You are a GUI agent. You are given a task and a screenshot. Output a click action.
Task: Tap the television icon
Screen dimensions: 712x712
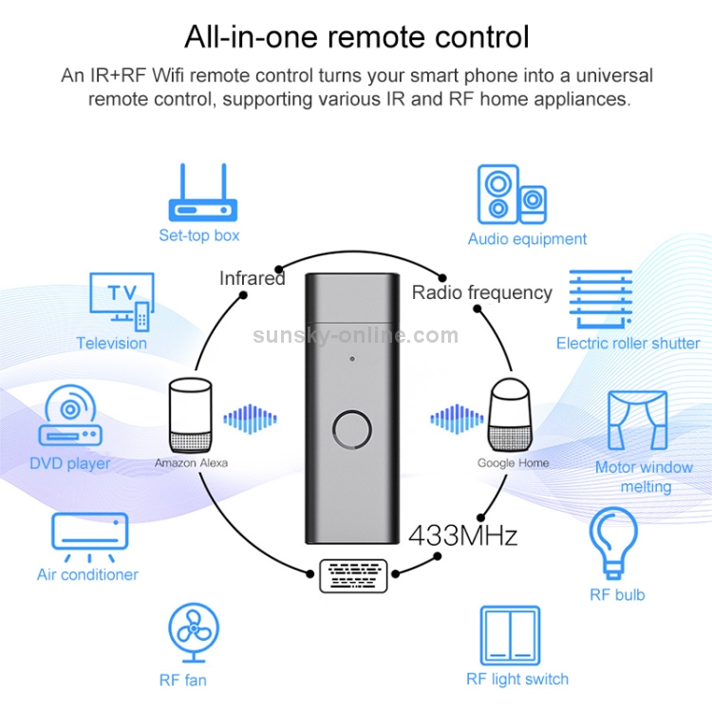(121, 298)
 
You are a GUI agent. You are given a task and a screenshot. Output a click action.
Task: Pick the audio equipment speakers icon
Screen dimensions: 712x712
(511, 193)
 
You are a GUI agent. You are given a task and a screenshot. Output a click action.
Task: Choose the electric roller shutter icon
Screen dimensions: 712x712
(600, 298)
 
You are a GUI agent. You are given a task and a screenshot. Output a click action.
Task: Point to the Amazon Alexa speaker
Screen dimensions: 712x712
(191, 415)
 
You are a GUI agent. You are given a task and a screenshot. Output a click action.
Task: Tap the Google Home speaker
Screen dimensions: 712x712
(512, 415)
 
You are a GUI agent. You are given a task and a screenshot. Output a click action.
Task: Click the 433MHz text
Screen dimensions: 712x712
(462, 535)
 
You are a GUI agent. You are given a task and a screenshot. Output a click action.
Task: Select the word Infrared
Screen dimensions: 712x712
(252, 278)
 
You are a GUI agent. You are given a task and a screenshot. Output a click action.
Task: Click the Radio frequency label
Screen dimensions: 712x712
(481, 292)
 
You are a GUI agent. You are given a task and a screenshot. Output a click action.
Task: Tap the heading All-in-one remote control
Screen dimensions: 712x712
(357, 37)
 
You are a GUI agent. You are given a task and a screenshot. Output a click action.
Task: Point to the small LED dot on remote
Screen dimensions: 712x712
(352, 359)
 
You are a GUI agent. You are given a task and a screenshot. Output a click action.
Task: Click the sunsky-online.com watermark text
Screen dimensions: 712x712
(355, 335)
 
